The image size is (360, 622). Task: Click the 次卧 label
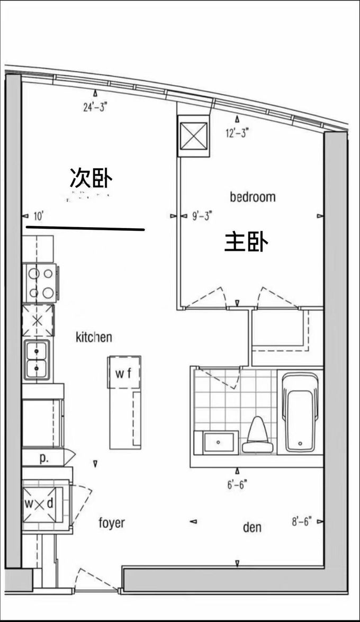(x=91, y=177)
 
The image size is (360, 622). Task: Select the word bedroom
(x=253, y=197)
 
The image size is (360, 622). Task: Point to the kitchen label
(x=94, y=337)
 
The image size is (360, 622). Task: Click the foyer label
(x=112, y=523)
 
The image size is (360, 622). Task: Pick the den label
(x=253, y=527)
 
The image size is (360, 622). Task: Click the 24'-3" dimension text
(x=95, y=107)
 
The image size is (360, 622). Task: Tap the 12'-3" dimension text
(x=237, y=133)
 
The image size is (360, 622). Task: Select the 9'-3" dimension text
(x=202, y=216)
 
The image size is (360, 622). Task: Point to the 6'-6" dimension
(x=237, y=484)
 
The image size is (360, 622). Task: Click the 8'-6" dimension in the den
(x=302, y=521)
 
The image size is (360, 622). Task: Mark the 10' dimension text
(x=38, y=216)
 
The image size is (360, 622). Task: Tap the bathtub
(x=301, y=412)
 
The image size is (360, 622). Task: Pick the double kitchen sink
(x=37, y=360)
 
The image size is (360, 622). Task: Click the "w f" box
(x=124, y=372)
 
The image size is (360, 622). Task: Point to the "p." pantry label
(x=43, y=459)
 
